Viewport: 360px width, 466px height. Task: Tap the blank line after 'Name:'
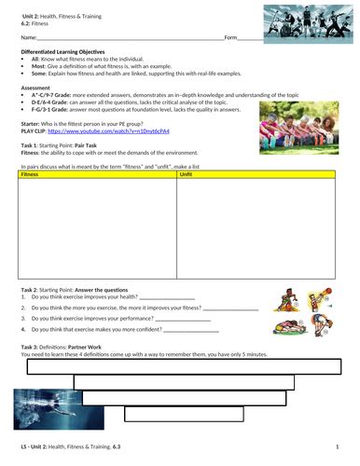pyautogui.click(x=131, y=38)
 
